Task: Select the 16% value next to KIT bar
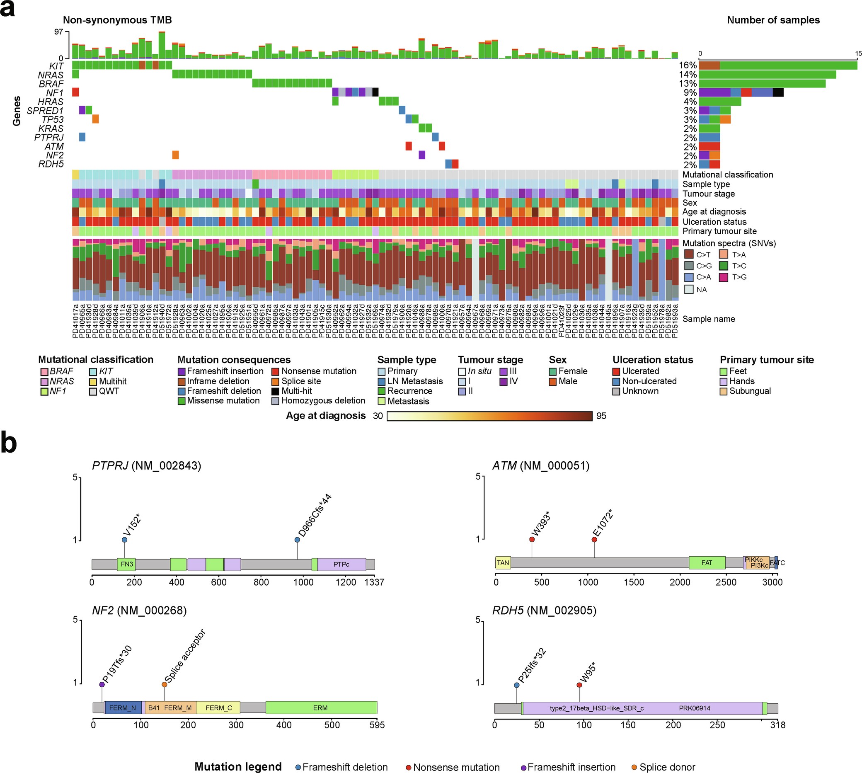[688, 65]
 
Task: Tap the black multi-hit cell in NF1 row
[375, 92]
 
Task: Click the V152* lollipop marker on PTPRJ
[124, 540]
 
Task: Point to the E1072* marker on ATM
[594, 539]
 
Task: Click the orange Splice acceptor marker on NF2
[165, 684]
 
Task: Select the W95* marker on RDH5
[579, 685]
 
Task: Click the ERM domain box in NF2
[321, 708]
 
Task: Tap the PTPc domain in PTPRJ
[341, 565]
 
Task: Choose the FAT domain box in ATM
[707, 563]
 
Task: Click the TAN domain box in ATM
[503, 563]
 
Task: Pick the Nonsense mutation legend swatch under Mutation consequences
[275, 372]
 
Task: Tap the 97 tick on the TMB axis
[58, 32]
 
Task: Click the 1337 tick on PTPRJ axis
[374, 582]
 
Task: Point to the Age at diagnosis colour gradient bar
[489, 416]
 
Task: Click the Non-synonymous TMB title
[117, 20]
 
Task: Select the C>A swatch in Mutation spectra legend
[689, 277]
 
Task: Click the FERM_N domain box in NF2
[122, 708]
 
